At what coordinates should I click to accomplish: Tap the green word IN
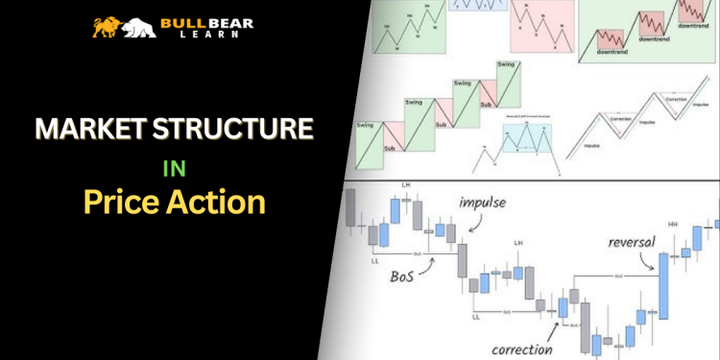[x=172, y=167]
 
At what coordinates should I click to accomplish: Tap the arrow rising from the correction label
[x=553, y=324]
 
